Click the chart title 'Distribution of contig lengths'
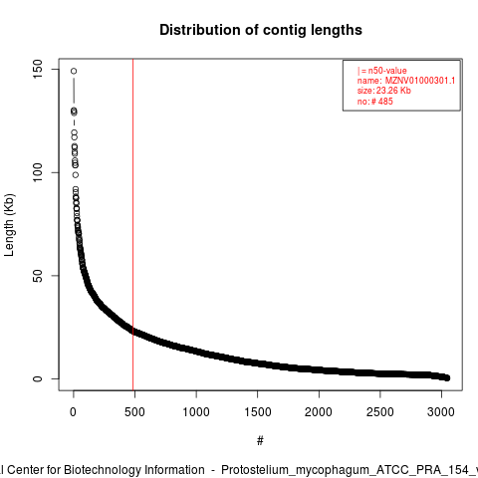[261, 30]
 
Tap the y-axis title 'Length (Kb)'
[9, 225]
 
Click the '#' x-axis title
[260, 441]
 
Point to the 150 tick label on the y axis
[38, 69]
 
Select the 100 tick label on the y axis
[38, 172]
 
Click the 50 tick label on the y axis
[38, 276]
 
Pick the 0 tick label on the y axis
[38, 378]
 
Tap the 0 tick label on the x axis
[73, 412]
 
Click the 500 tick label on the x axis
[134, 412]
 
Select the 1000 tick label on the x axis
[196, 412]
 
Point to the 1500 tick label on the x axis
[258, 412]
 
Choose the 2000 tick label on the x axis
[319, 412]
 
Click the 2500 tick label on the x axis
[380, 412]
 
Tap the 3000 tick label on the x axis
[441, 412]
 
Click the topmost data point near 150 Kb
[74, 71]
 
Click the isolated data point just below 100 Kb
[76, 175]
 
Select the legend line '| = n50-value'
[382, 71]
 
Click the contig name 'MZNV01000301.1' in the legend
[420, 81]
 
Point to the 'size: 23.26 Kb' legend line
[384, 91]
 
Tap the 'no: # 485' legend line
[375, 102]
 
